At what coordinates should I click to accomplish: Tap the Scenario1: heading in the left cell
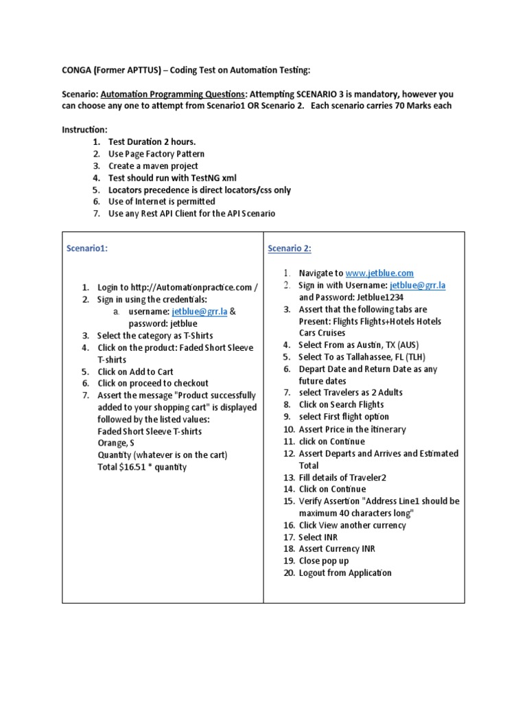[x=87, y=249]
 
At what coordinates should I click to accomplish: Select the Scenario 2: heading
[x=290, y=249]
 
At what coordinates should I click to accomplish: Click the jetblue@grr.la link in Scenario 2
[x=417, y=285]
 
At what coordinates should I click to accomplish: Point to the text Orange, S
[x=116, y=443]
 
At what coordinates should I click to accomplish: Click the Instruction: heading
[x=84, y=130]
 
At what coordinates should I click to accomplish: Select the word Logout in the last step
[x=312, y=573]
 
